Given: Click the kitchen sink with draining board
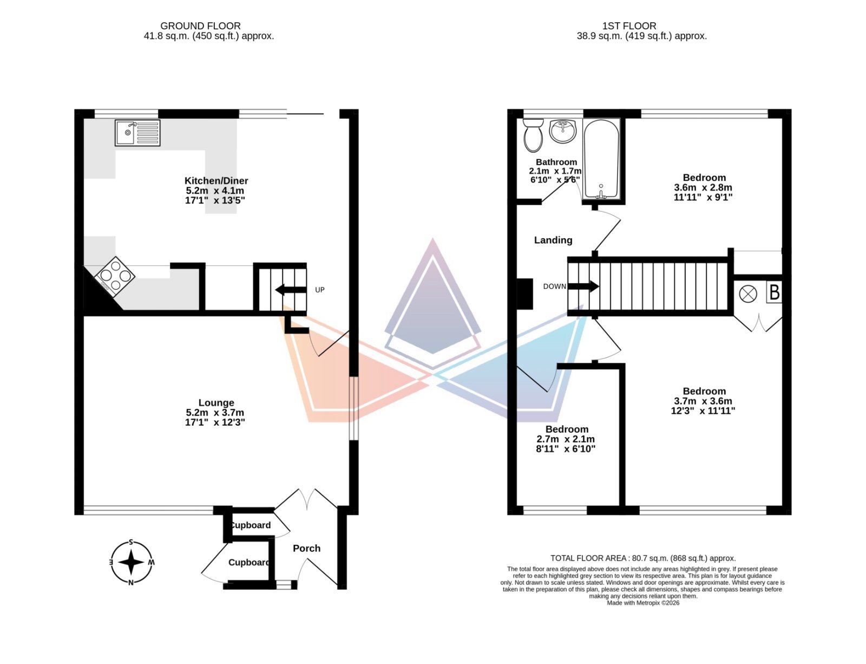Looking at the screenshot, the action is pyautogui.click(x=137, y=133).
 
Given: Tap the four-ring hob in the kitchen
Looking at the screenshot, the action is pyautogui.click(x=115, y=276).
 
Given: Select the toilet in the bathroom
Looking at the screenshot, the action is pyautogui.click(x=533, y=135).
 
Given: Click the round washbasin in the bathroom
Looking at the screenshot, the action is pyautogui.click(x=562, y=131).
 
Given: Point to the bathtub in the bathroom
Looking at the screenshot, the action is pyautogui.click(x=601, y=159).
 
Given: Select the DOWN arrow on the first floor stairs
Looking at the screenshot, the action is pyautogui.click(x=583, y=286).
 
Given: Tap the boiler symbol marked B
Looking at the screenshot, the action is pyautogui.click(x=774, y=292).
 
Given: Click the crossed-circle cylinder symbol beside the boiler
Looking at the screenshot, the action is pyautogui.click(x=747, y=294).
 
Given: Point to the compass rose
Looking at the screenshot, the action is pyautogui.click(x=131, y=562).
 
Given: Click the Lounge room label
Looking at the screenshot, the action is pyautogui.click(x=216, y=403).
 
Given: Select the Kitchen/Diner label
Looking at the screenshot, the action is pyautogui.click(x=216, y=181).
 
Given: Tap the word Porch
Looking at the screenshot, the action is pyautogui.click(x=306, y=548).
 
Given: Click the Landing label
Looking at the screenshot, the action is pyautogui.click(x=553, y=240).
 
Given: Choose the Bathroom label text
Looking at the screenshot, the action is pyautogui.click(x=556, y=162).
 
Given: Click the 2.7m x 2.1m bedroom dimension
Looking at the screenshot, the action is pyautogui.click(x=566, y=439).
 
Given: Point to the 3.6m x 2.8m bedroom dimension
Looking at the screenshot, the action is pyautogui.click(x=703, y=187).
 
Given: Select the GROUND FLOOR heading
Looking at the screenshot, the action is pyautogui.click(x=200, y=26).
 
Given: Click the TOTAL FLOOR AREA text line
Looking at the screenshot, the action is pyautogui.click(x=643, y=558).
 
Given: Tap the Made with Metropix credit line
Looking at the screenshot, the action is pyautogui.click(x=643, y=603).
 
